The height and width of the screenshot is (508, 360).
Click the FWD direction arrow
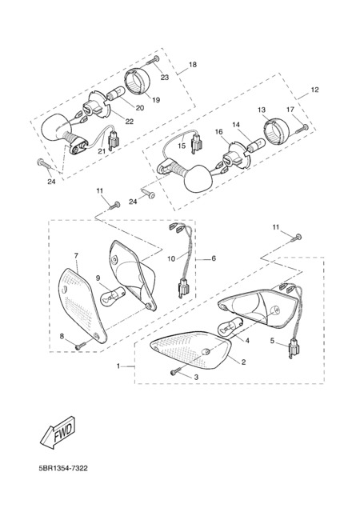[x=58, y=433]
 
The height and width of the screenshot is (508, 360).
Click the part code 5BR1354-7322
[x=63, y=469]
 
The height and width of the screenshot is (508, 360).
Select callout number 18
[x=193, y=65]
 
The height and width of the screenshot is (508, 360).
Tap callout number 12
[x=314, y=90]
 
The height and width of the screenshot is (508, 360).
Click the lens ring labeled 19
[x=137, y=82]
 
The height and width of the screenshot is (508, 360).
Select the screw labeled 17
[x=302, y=128]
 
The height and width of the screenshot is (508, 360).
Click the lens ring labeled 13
[x=277, y=133]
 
